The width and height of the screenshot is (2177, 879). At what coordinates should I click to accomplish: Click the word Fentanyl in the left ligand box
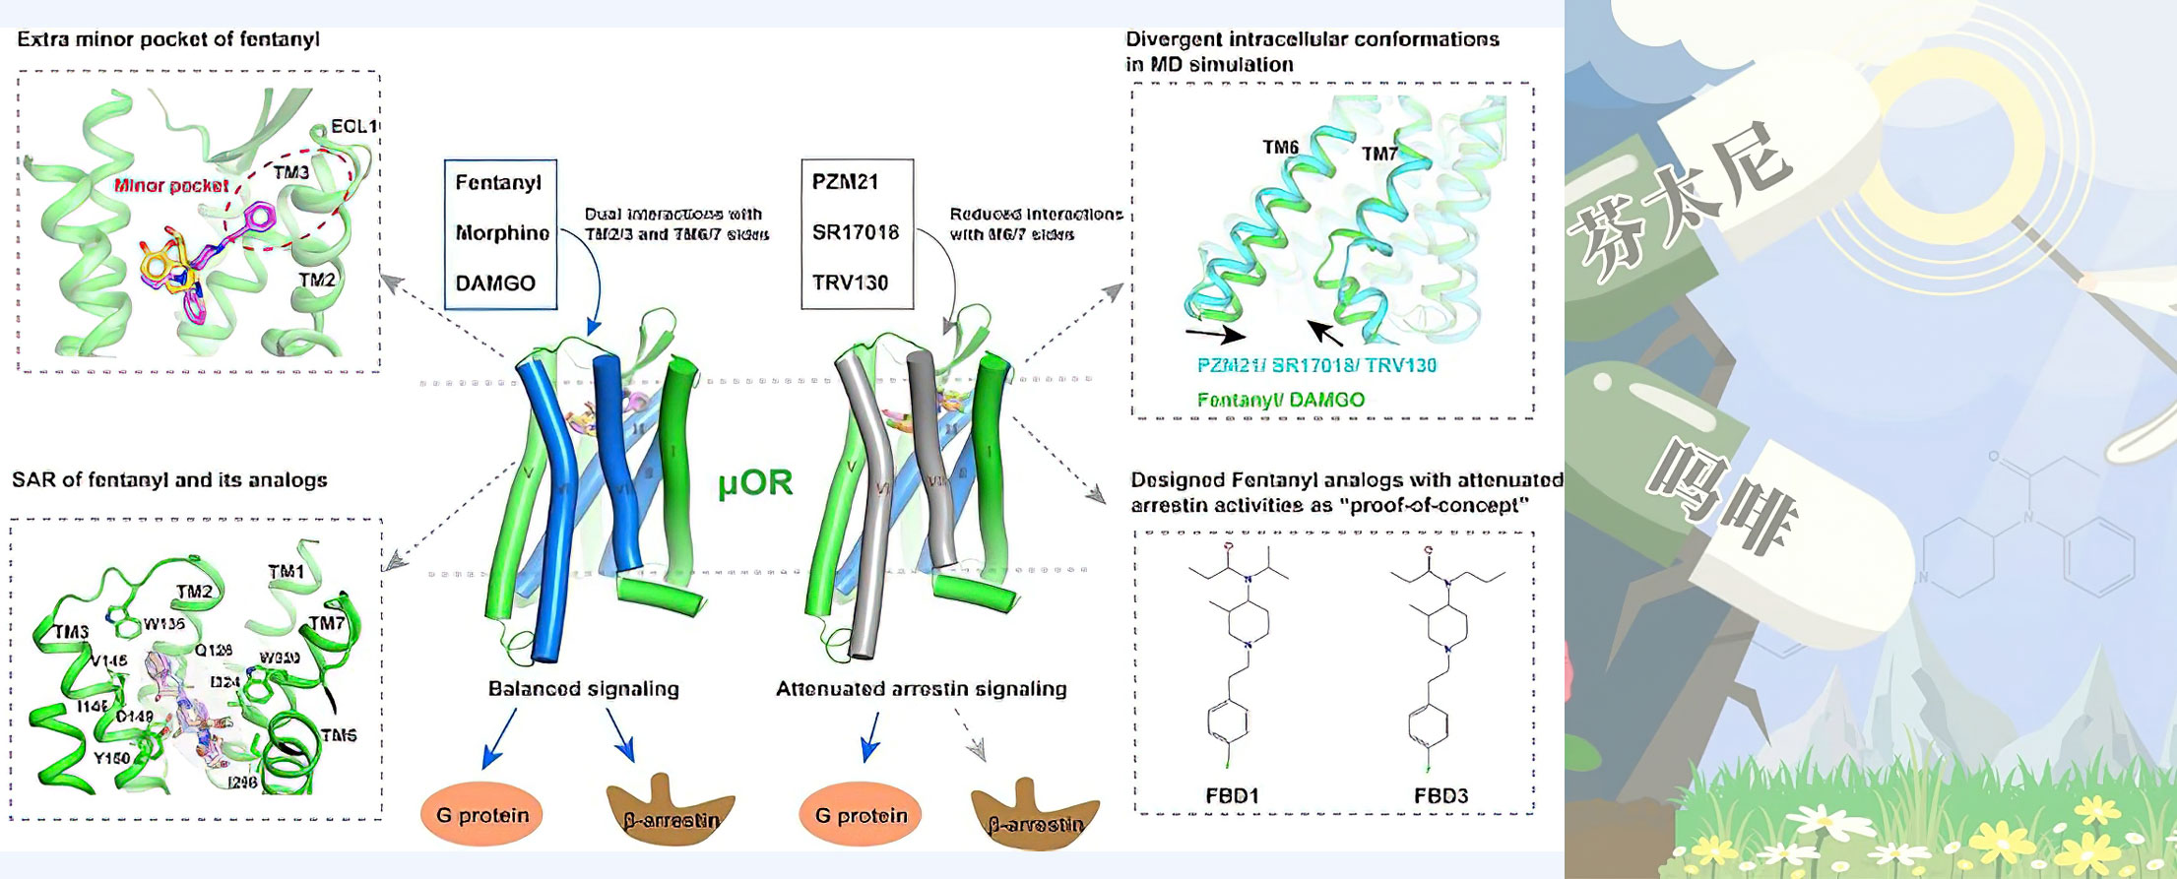coord(498,183)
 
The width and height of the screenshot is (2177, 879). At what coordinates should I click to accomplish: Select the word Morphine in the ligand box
coord(502,233)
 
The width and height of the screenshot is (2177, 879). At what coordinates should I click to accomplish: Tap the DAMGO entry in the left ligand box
coord(495,283)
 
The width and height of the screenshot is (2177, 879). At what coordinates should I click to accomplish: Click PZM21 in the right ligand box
coord(845,182)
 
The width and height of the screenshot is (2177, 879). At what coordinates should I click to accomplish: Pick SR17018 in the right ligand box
coord(856,232)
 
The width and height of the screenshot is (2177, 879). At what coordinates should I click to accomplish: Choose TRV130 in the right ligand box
coord(850,283)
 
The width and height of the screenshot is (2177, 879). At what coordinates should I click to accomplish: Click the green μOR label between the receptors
coord(755,483)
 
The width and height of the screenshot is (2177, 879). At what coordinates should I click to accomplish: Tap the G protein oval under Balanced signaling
coord(482,815)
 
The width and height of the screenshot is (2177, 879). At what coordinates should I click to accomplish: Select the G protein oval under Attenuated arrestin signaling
coord(861,815)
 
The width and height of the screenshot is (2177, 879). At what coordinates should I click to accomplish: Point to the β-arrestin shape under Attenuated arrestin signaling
coord(1035,817)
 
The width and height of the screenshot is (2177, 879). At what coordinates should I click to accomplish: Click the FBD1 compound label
coord(1232,795)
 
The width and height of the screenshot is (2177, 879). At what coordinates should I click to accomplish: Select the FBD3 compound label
coord(1441,795)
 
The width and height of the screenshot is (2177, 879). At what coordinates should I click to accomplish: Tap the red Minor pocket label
coord(171,185)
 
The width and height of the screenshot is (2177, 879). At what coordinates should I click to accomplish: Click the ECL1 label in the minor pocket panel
coord(353,126)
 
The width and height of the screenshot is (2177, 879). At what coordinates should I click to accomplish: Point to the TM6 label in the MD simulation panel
coord(1280,148)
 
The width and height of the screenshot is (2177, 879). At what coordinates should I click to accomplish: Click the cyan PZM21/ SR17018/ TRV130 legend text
coord(1316,365)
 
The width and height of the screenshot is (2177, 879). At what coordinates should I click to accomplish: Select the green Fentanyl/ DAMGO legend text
coord(1280,400)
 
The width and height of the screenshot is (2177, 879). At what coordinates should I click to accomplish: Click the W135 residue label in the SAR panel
coord(163,624)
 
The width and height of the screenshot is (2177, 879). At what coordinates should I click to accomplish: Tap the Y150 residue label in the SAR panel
coord(111,759)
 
